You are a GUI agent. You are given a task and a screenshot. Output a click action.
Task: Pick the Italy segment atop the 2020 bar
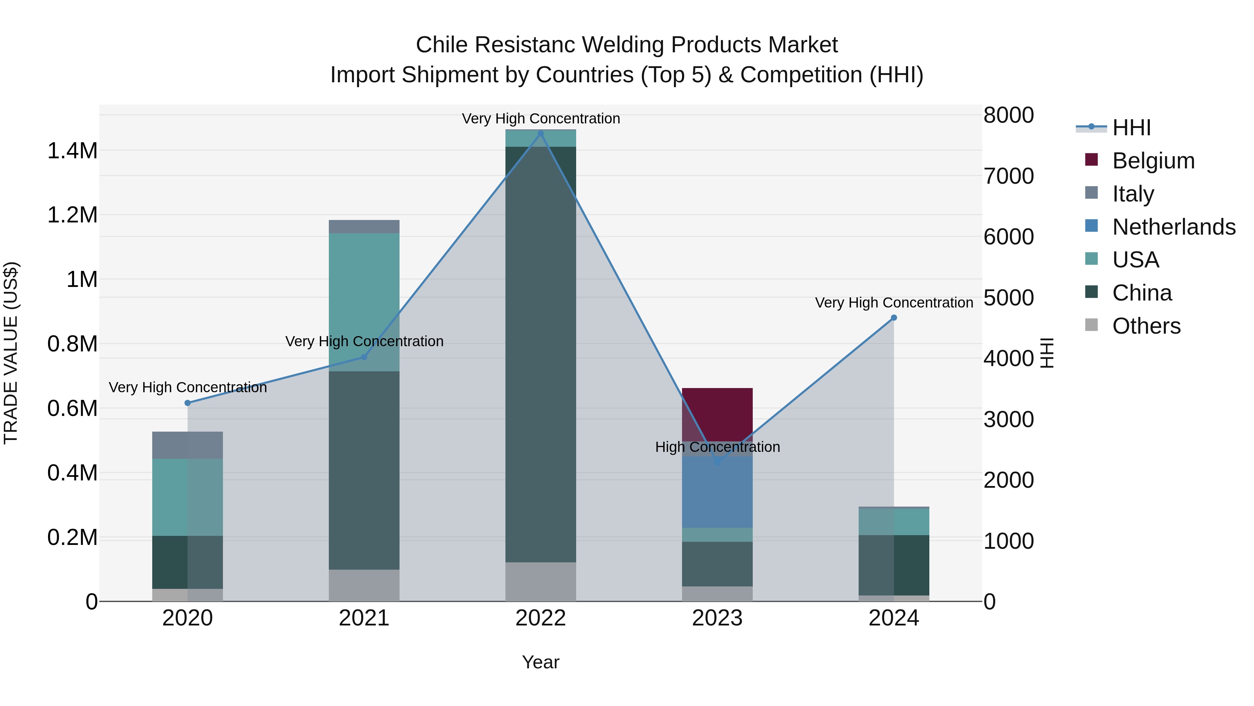187,445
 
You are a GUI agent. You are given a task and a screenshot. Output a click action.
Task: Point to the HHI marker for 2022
540,133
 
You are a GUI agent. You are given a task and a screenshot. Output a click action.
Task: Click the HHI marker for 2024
894,318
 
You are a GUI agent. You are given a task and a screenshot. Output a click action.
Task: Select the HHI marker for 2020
187,403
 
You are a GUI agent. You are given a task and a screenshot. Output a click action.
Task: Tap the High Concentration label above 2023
717,447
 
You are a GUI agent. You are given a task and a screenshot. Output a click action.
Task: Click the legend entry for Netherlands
1173,227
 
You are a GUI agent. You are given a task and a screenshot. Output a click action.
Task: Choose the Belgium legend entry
1153,161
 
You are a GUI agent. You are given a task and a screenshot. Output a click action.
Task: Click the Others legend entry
1146,326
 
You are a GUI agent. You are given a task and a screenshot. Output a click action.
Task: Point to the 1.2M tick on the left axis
72,215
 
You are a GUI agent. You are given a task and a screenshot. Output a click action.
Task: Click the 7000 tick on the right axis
1008,176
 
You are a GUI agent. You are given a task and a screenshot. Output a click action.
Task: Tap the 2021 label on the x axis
364,618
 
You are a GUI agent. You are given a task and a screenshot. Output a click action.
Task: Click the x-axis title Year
540,662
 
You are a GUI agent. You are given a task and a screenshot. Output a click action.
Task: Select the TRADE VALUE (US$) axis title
11,353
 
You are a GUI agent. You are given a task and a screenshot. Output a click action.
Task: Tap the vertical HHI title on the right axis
1047,353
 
